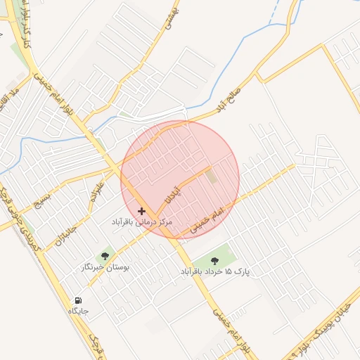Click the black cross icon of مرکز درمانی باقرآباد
[x=142, y=211]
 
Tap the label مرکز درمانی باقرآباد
[x=142, y=222]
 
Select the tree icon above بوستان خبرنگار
[x=105, y=257]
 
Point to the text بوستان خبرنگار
[x=104, y=268]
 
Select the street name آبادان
[x=172, y=193]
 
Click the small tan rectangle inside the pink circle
[x=212, y=176]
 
